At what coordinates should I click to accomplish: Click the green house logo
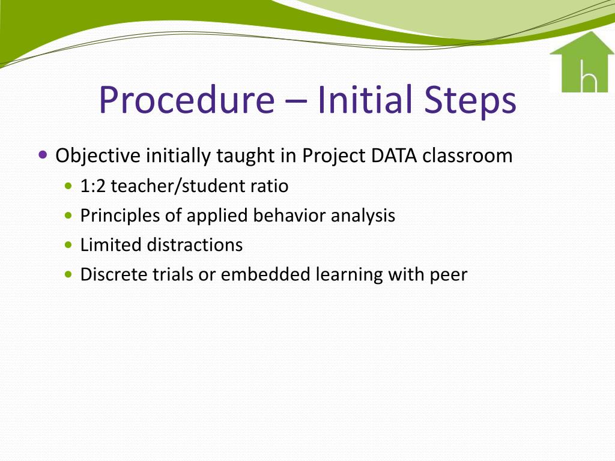581,62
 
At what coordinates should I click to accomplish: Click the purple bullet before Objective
43,154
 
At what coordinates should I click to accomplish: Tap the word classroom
467,155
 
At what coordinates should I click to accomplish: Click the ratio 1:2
93,186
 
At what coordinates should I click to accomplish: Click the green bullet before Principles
68,215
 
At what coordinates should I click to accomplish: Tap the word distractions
195,245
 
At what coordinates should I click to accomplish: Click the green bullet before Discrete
68,274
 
